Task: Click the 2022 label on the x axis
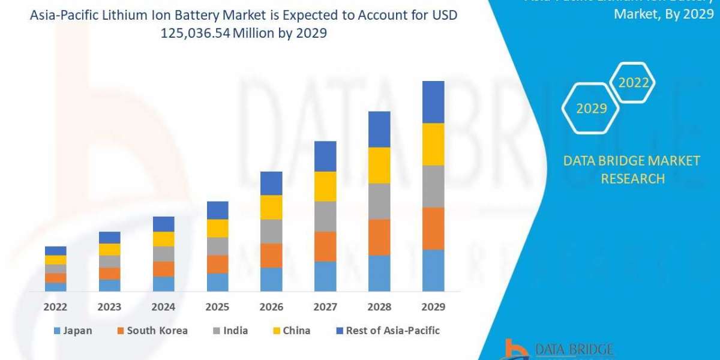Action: pos(56,307)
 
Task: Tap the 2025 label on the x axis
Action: pos(218,307)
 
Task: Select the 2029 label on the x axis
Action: pos(433,307)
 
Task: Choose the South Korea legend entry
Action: pos(154,331)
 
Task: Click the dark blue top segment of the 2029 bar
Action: pos(433,102)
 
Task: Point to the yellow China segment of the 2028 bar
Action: pos(379,165)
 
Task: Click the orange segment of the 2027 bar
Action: pos(325,247)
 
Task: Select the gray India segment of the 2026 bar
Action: pos(271,231)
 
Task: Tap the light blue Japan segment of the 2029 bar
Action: pos(433,270)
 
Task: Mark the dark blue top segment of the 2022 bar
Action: pos(56,251)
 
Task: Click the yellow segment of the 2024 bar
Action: pos(164,239)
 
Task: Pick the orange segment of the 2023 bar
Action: pos(110,274)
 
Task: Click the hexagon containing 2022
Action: pos(633,83)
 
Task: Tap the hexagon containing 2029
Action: pos(591,109)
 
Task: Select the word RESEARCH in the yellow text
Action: pos(632,179)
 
